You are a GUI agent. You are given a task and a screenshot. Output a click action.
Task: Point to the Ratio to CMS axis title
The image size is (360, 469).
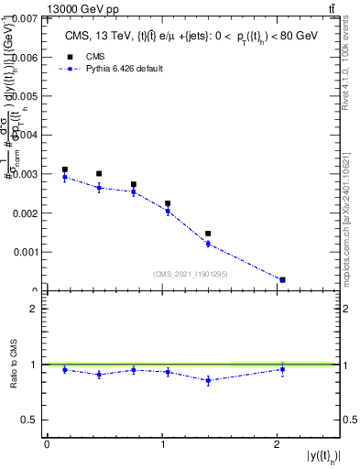[x=13, y=365]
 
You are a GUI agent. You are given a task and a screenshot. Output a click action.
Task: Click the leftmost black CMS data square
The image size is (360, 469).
[x=64, y=169]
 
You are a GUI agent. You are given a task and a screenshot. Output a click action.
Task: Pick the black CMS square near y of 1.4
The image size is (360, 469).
[x=208, y=234]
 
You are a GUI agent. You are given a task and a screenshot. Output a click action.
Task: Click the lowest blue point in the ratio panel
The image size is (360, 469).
[x=208, y=380]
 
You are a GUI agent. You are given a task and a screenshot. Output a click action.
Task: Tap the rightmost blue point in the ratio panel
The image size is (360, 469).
[x=282, y=369]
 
